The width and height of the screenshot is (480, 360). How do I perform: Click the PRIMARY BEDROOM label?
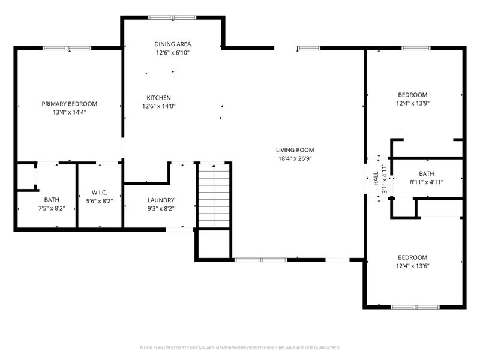coord(70,104)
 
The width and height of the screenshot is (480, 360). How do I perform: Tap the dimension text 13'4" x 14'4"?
coord(70,112)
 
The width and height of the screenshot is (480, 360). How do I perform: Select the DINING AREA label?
coord(173,44)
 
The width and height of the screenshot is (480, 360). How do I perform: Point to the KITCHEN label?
coord(158,98)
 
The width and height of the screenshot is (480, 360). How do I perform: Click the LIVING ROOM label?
coord(295,150)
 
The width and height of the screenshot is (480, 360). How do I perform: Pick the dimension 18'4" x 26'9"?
coord(295,158)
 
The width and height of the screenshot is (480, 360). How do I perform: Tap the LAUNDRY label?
coord(161,200)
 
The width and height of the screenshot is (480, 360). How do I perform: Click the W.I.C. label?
coord(100,193)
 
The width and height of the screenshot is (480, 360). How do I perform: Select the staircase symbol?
coord(214,196)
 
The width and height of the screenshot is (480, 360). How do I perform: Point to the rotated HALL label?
coord(376,178)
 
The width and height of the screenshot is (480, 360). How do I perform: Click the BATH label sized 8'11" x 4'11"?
coord(427,173)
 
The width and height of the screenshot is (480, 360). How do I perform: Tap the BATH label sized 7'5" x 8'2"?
coord(52,200)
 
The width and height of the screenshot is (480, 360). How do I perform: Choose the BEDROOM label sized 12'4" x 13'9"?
coord(413,95)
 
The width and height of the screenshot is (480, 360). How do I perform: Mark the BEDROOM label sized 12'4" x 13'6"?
coord(413,257)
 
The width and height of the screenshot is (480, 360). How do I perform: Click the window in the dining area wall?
coord(172,17)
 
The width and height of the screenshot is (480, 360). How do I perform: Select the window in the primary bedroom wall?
coord(67,48)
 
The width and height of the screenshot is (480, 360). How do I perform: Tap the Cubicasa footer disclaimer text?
coord(239,348)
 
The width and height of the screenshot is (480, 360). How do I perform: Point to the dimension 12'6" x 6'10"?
coord(173,53)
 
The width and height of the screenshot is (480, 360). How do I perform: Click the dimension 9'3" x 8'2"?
coord(161,209)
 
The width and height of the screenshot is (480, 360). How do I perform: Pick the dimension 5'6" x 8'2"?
coord(100,201)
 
